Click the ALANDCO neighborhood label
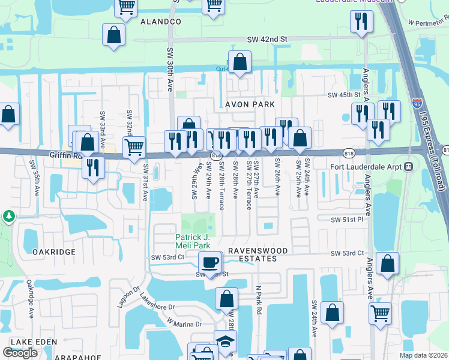pos(160,22)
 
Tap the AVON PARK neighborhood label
pos(249,104)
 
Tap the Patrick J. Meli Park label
pos(193,241)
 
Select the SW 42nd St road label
pos(267,39)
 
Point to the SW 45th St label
pos(343,95)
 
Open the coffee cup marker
pos(210,262)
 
